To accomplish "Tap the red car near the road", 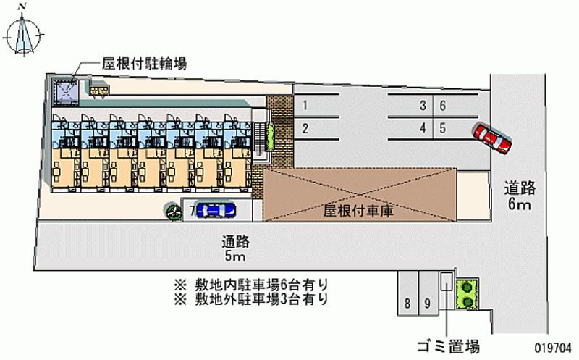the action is (x=492, y=137).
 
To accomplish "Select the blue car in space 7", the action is (x=216, y=211).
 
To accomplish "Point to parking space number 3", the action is (x=422, y=106).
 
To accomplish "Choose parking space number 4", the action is (x=422, y=129).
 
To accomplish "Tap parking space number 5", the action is (x=442, y=129).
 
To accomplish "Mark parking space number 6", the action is (x=442, y=106).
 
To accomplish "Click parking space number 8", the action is (x=409, y=304).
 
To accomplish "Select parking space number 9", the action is (x=428, y=304).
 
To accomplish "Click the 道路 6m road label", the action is (x=520, y=196).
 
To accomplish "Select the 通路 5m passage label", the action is (x=236, y=249).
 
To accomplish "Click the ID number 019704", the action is (x=554, y=346).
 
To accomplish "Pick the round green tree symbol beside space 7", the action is (x=174, y=212).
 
